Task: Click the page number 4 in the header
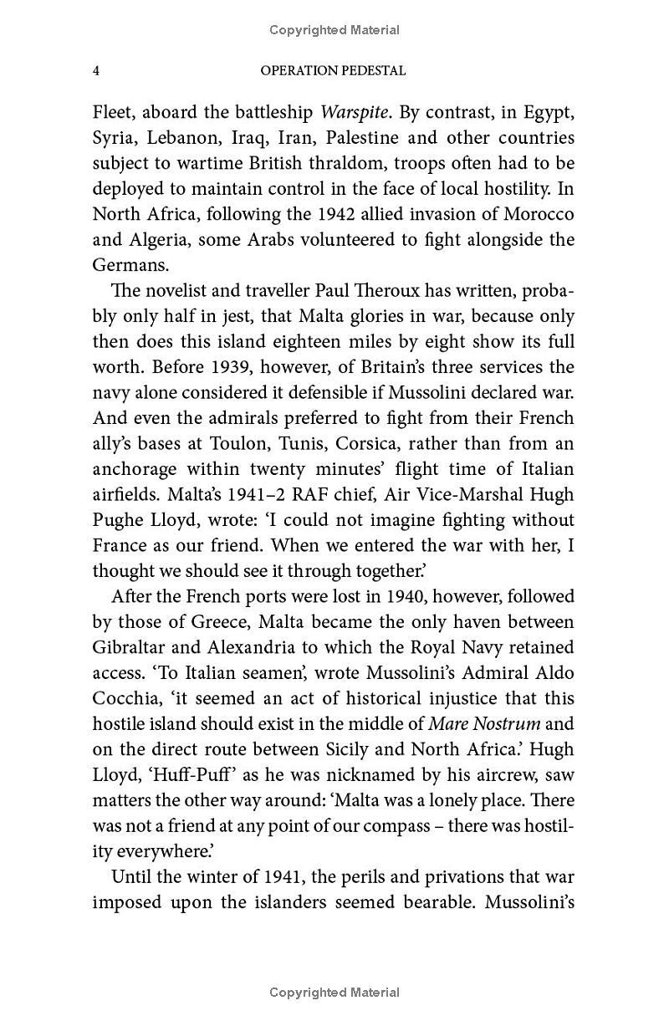(96, 71)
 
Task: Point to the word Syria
(112, 137)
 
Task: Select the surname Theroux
(365, 290)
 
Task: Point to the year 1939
(192, 366)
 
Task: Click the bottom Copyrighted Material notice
(334, 993)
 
